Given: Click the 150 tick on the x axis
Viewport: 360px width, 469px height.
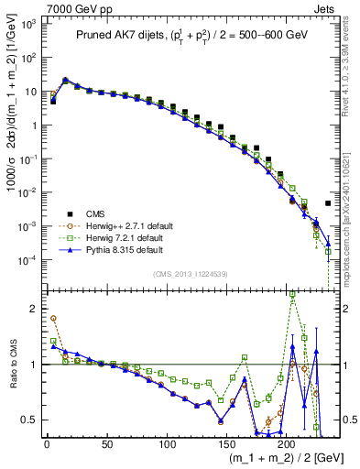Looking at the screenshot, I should [x=226, y=442].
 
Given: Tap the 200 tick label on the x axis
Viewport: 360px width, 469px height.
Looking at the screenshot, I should [x=286, y=442].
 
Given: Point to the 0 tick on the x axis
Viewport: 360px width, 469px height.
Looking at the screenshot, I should [x=47, y=442].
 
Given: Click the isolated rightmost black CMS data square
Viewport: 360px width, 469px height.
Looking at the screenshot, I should [x=328, y=203].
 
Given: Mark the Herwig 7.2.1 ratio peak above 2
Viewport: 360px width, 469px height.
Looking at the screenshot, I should [x=292, y=292].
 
